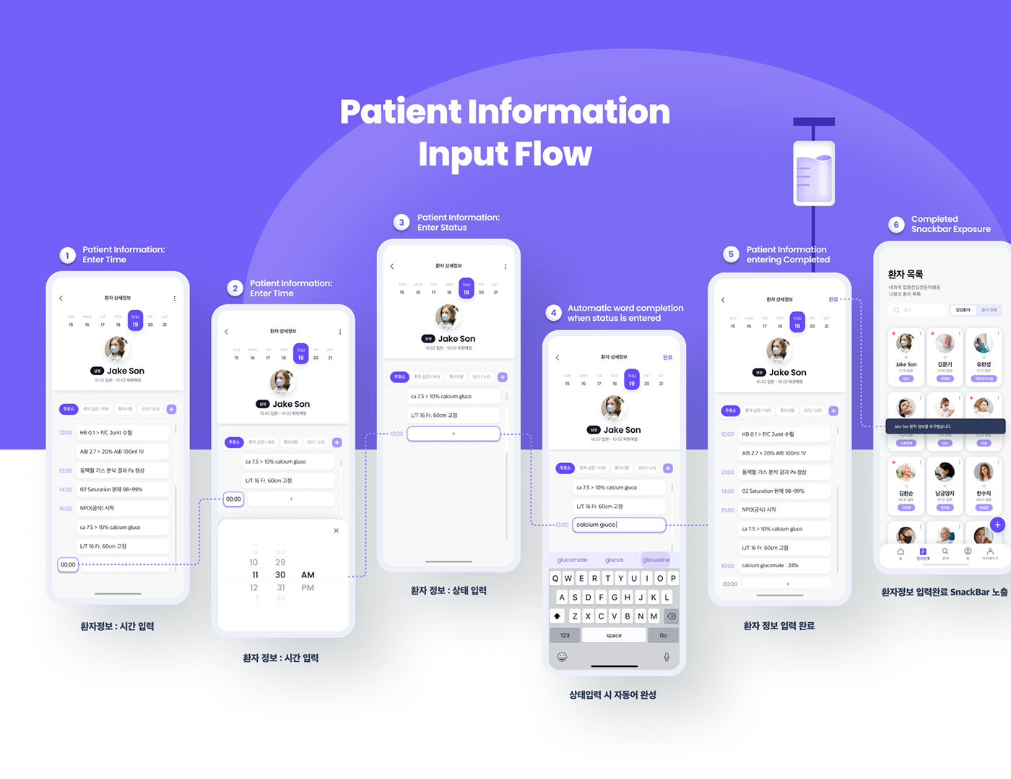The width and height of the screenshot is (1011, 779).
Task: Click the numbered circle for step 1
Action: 67,255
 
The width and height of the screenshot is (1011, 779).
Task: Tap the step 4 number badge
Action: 553,313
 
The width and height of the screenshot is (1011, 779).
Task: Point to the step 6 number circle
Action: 896,225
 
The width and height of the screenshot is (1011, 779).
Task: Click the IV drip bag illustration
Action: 814,173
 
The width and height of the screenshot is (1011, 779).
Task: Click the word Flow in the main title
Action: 552,154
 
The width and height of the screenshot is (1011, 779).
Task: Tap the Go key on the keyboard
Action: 663,635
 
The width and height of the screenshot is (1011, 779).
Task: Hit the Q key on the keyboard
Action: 555,578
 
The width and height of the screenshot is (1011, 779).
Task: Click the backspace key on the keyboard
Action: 671,616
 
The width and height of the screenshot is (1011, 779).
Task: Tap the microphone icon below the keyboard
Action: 667,657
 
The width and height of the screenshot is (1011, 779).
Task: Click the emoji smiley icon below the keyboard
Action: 562,657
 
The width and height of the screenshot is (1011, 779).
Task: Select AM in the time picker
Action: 308,575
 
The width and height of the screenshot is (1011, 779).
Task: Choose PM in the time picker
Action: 308,588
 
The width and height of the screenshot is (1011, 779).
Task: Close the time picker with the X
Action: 336,530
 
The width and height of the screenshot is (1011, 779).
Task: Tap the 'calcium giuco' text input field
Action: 619,525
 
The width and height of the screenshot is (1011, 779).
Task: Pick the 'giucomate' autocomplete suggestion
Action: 573,560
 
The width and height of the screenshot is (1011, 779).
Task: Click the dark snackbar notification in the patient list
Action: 945,426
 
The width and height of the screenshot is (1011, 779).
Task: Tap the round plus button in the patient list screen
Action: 997,525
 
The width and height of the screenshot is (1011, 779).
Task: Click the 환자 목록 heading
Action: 906,275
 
